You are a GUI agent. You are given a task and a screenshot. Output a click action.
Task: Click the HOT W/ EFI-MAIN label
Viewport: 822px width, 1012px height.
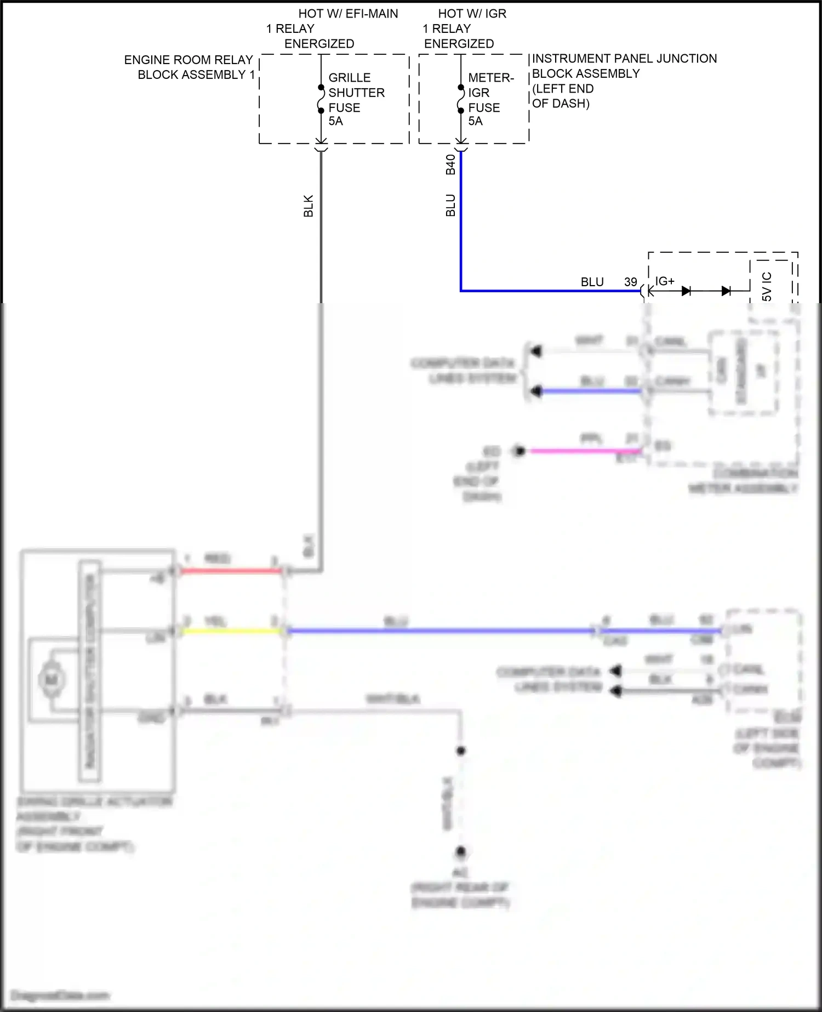point(348,14)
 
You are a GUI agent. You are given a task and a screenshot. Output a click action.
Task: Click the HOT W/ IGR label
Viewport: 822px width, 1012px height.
point(472,14)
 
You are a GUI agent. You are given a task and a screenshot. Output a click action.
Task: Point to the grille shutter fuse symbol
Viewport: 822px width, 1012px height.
point(321,99)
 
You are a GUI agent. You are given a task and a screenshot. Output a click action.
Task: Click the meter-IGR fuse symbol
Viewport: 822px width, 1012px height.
point(461,99)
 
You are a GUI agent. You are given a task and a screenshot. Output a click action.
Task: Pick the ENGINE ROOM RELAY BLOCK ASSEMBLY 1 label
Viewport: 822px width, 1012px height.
point(189,67)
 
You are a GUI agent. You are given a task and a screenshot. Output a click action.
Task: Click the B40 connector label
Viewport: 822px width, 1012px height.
point(450,164)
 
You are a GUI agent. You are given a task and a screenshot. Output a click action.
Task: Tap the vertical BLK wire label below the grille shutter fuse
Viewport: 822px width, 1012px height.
point(309,206)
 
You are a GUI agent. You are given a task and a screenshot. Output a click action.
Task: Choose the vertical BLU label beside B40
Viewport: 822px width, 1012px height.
point(450,205)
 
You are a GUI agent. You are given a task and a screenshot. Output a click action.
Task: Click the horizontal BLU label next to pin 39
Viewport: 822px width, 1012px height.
point(592,282)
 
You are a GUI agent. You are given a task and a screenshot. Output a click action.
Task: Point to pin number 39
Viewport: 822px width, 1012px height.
point(630,282)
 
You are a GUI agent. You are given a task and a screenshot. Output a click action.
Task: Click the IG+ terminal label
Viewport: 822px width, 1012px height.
point(665,281)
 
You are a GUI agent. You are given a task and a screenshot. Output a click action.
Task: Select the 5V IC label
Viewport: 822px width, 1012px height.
point(767,287)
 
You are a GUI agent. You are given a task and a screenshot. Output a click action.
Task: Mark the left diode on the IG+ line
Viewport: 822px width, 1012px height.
point(686,291)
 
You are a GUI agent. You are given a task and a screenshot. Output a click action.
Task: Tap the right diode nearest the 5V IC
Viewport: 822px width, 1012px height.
point(726,291)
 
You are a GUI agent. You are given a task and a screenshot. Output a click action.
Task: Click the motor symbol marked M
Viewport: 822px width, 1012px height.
point(52,680)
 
